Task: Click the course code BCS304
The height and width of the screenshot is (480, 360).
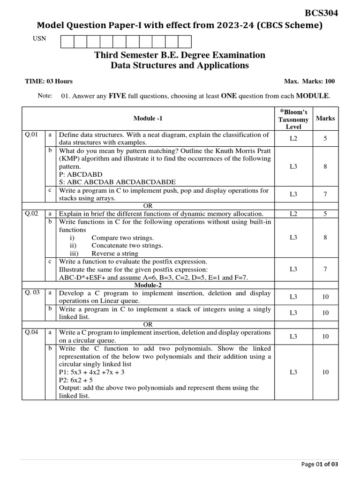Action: pos(322,13)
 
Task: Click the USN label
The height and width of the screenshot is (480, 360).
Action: pos(39,39)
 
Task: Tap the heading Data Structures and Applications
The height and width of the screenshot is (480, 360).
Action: pos(180,66)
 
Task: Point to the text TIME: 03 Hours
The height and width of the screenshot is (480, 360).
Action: pos(49,82)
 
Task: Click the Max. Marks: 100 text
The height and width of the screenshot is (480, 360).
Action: pos(309,82)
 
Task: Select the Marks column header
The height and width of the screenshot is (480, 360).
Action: pos(325,119)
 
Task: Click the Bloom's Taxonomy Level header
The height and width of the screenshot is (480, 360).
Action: pos(293,119)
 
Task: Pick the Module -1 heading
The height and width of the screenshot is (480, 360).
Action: pos(148,119)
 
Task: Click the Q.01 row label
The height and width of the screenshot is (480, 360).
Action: pos(31,135)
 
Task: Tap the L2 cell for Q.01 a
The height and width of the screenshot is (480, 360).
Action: pos(293,139)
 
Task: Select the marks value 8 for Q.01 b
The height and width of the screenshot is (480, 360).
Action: pos(325,166)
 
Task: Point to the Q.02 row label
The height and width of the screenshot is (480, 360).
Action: pos(31,214)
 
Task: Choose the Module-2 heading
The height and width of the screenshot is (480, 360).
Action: pos(148,285)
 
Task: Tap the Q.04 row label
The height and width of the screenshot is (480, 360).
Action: pos(31,332)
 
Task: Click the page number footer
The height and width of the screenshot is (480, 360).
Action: pos(319,464)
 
